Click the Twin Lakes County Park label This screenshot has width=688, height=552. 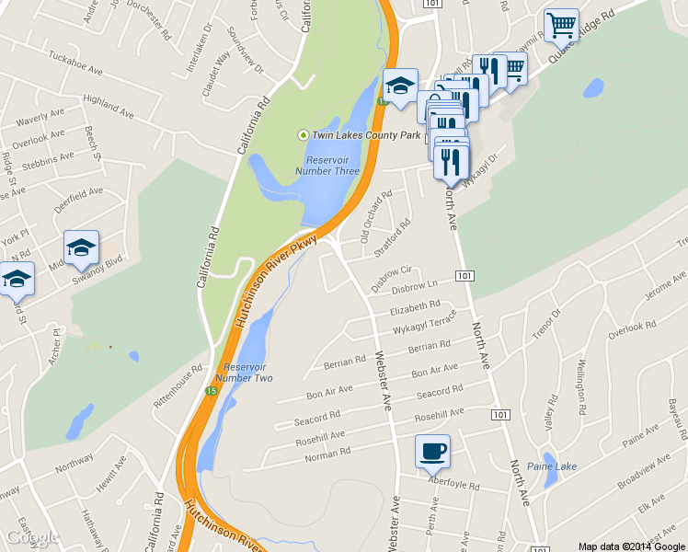coord(365,135)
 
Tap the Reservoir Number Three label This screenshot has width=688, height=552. coord(327,164)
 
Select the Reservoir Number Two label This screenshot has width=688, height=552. coord(244,372)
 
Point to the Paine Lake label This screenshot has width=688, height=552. coord(553,466)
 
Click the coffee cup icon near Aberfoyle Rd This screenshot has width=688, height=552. coord(432,452)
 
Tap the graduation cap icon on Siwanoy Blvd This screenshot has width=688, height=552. coord(81,247)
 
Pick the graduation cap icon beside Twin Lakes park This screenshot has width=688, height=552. coord(400,86)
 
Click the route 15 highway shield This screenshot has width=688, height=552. coord(212,392)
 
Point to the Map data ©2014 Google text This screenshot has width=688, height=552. coord(632,546)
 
